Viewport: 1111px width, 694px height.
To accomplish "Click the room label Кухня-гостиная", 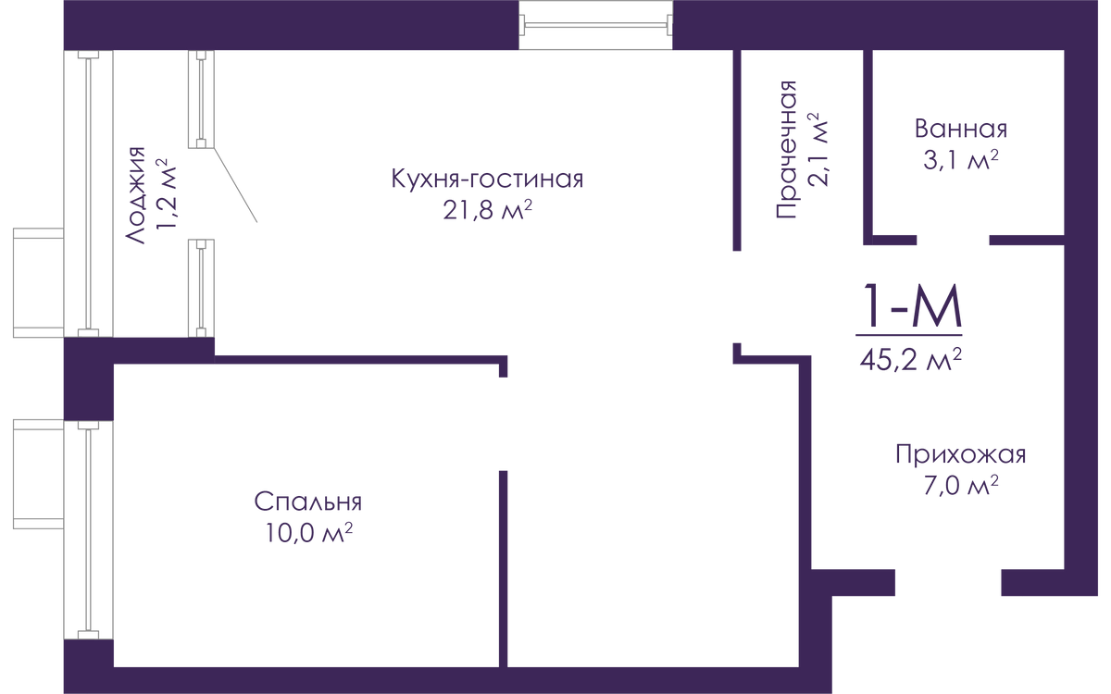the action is coord(487,179).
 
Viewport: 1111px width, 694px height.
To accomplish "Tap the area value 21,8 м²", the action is coord(487,210).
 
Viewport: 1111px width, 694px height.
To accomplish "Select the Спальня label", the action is coord(308,502).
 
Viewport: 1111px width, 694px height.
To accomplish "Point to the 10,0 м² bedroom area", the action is coord(309,533).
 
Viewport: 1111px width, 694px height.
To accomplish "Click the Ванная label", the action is coord(961,129).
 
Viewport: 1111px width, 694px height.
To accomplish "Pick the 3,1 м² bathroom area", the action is coord(961,160).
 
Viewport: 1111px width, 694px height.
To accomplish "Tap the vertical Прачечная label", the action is coord(786,149).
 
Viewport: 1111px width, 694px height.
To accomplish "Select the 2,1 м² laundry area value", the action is coord(818,150).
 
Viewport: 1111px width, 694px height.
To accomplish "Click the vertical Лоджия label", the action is coord(135,195).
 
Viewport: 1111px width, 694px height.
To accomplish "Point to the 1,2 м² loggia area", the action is coord(166,195).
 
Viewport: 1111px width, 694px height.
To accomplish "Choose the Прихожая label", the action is coord(961,454).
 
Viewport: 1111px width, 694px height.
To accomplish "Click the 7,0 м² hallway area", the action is coord(961,486).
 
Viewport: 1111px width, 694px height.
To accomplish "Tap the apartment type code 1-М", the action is coord(912,306).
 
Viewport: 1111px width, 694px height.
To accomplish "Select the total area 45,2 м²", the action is coord(911,359).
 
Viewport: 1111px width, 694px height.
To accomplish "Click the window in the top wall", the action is coord(595,25).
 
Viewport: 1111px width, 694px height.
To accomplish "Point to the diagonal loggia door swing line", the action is coord(235,185).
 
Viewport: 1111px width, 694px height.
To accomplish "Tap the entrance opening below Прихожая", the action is coord(948,582).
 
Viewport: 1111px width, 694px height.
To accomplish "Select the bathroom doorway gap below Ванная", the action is coord(953,240).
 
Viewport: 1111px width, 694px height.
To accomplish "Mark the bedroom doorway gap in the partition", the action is coord(503,424).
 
